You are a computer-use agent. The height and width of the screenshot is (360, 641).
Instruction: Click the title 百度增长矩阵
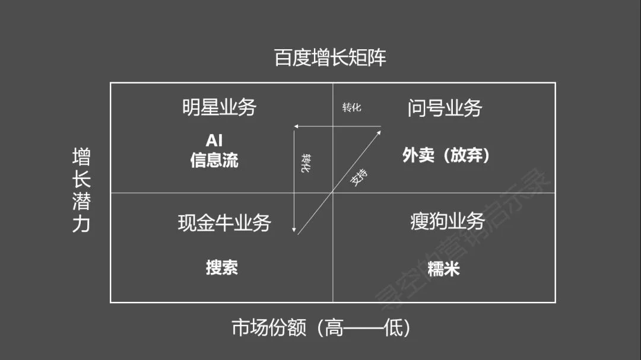pos(330,58)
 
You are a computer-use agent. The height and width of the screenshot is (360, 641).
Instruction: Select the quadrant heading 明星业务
pos(219,108)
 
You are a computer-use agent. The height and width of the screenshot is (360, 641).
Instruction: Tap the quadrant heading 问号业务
pos(445,108)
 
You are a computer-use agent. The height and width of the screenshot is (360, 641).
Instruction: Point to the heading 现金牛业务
pos(224,222)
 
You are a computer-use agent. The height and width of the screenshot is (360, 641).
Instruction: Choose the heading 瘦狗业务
pos(448,221)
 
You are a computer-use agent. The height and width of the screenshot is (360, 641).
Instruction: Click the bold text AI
pos(214,141)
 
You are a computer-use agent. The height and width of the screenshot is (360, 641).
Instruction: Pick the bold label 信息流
pos(214,160)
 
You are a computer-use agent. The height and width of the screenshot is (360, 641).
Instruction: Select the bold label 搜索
pos(222,267)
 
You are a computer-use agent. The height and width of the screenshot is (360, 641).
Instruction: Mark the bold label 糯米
pos(443,269)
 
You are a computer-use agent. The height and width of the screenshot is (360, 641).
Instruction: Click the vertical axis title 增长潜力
pos(81,190)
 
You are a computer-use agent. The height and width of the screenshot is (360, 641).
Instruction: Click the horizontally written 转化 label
pos(351,107)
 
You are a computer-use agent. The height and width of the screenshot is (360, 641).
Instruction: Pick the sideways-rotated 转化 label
pos(306,163)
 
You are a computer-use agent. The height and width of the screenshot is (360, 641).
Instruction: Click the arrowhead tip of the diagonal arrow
pos(380,128)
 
